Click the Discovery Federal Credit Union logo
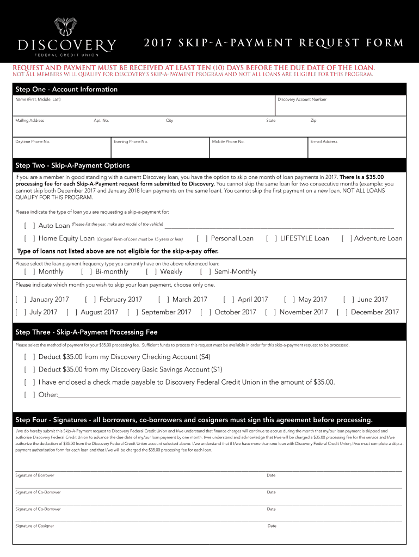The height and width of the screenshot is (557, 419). pos(67,39)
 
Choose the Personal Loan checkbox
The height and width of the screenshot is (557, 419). pos(202,238)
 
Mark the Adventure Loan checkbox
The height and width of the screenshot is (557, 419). pos(346,238)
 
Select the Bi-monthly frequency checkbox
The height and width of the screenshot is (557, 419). pos(87,271)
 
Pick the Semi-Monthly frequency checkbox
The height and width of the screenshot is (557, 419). pos(206,271)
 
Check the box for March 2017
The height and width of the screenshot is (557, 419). pos(164,299)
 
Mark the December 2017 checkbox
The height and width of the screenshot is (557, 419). pos(342,312)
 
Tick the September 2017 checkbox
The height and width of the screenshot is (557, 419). pos(133,312)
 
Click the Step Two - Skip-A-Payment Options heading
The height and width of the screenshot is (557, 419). pos(72,165)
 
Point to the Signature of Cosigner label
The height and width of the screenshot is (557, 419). pos(35,526)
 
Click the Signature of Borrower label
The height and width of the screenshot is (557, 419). pos(35,475)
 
